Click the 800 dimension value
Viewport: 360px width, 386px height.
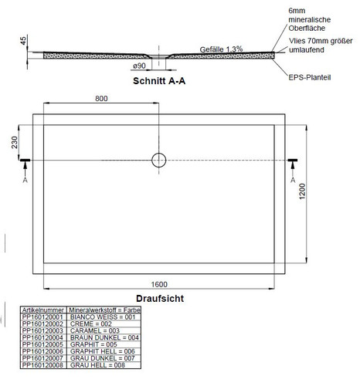click(x=101, y=98)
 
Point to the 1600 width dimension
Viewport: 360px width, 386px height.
click(x=159, y=284)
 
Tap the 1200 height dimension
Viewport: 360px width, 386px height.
click(x=302, y=191)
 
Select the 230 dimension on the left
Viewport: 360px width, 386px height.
click(x=15, y=142)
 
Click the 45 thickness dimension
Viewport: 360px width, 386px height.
click(x=23, y=41)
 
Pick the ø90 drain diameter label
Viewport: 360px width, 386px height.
click(x=139, y=66)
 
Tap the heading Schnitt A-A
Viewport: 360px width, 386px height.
click(x=159, y=81)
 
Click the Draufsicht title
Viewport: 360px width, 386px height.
click(x=160, y=299)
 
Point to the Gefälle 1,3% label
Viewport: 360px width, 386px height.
click(x=221, y=49)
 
